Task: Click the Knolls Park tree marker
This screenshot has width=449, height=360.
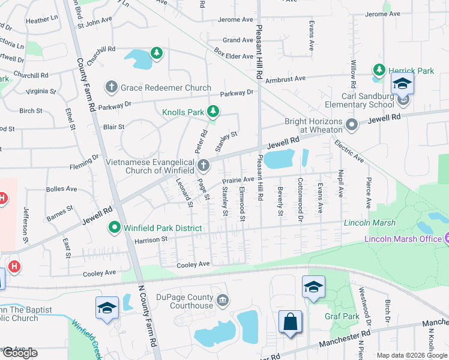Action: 212,111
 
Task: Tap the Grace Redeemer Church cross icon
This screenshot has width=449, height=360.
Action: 111,88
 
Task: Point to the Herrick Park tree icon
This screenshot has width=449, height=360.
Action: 379,70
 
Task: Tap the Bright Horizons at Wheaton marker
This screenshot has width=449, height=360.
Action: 352,125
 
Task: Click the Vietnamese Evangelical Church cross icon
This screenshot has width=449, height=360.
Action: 203,165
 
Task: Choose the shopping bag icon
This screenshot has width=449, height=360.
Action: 290,322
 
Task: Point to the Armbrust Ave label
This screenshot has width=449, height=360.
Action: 286,78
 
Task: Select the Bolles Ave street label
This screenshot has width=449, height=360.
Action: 62,189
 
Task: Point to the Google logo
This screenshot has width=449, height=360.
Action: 20,353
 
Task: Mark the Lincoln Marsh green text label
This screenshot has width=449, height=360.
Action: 370,223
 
